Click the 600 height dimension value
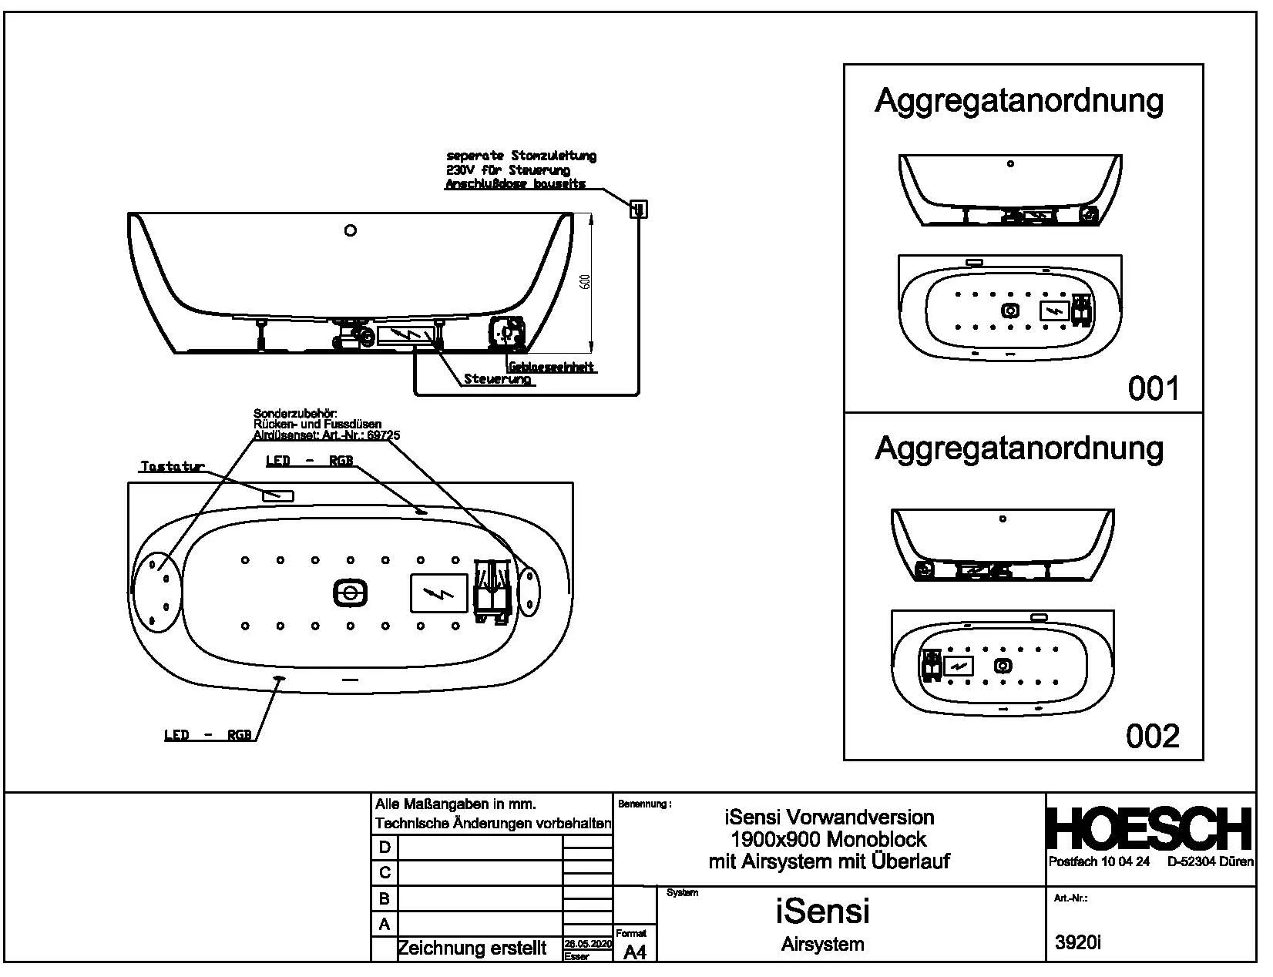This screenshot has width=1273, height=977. point(585,282)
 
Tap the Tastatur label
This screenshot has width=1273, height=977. point(172,467)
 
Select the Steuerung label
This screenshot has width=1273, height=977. point(498,379)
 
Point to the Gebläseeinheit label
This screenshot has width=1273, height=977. point(551,368)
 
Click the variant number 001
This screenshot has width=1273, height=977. point(1153,388)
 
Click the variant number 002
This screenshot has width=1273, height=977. point(1153,737)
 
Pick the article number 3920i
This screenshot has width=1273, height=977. point(1077,942)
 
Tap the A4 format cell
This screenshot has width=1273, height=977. point(634,952)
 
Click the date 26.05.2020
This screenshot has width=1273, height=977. point(588,944)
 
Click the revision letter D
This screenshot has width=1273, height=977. point(385,848)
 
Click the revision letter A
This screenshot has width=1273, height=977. point(385,924)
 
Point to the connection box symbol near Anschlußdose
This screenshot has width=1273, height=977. point(639,209)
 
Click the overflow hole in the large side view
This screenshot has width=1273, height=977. point(351,230)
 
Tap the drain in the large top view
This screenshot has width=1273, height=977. point(350,593)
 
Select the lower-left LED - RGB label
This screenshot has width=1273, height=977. point(208,735)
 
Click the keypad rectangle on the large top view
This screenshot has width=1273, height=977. point(278,495)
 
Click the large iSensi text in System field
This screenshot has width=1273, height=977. point(822,912)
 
